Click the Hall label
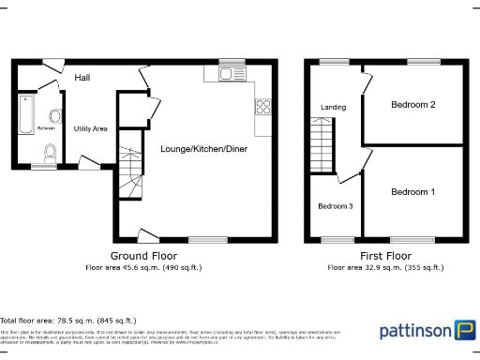pyautogui.click(x=82, y=78)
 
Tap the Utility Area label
pyautogui.click(x=91, y=128)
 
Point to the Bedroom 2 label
pyautogui.click(x=412, y=105)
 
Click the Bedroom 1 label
pyautogui.click(x=412, y=191)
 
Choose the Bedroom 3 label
pyautogui.click(x=335, y=206)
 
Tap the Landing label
pyautogui.click(x=333, y=107)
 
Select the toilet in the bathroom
pyautogui.click(x=51, y=151)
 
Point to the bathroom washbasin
pyautogui.click(x=55, y=116)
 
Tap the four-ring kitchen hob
pyautogui.click(x=263, y=107)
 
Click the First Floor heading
pyautogui.click(x=385, y=256)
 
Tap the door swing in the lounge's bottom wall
pyautogui.click(x=146, y=233)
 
